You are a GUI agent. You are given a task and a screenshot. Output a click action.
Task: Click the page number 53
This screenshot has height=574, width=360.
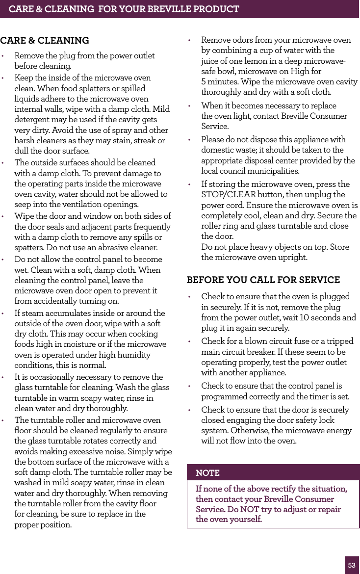(x=352, y=565)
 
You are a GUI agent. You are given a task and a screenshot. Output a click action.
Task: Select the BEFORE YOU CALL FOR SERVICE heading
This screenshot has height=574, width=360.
(x=263, y=280)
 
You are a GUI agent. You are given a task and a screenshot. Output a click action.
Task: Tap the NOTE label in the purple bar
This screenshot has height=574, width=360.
(x=207, y=473)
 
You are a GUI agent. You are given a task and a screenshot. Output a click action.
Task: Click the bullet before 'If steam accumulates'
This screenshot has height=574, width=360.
(x=3, y=313)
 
